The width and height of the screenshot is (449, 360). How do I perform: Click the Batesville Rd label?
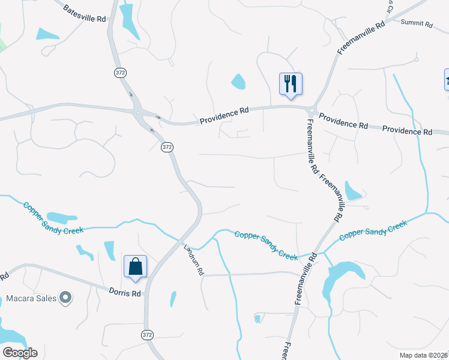[84, 12]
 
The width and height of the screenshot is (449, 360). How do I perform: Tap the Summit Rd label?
[417, 24]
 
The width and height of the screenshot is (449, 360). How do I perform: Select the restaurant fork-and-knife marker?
[291, 84]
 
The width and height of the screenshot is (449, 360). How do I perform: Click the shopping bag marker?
[135, 267]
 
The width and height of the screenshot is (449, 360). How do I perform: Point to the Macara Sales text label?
[31, 298]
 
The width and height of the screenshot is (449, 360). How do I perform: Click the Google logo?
[20, 353]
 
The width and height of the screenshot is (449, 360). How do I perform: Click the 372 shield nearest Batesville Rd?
[119, 72]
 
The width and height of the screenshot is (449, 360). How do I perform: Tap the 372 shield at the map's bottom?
[147, 335]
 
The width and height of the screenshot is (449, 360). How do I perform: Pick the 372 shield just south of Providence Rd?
[167, 147]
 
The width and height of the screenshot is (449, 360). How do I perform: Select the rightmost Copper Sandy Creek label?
[373, 230]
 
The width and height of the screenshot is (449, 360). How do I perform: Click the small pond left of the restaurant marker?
[238, 81]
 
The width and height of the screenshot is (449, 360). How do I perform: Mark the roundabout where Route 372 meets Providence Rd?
[139, 112]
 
